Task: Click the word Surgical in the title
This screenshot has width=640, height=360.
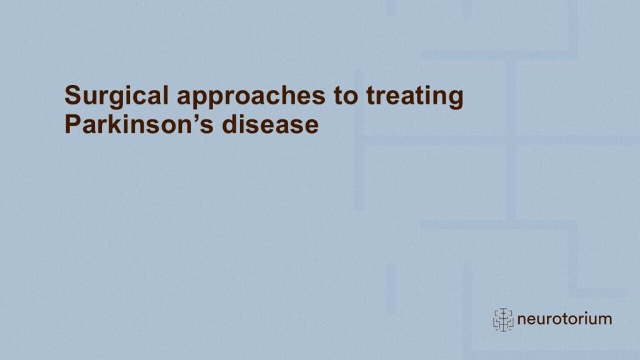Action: tap(116, 97)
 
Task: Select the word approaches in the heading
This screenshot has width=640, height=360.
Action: tap(251, 97)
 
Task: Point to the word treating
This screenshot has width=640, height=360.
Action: tap(415, 97)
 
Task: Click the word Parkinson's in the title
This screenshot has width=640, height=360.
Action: tap(139, 124)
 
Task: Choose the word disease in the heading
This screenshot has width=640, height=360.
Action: tap(270, 124)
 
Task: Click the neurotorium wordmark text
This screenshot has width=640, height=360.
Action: tap(564, 319)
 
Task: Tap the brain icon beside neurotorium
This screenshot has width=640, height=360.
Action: tap(503, 319)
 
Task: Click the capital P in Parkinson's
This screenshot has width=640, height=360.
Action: tap(73, 124)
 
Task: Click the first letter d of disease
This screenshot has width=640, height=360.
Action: tap(230, 124)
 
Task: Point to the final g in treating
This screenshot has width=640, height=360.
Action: tap(456, 99)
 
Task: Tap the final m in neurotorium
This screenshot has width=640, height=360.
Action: tap(605, 320)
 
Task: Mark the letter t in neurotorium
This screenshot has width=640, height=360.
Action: tap(557, 319)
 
